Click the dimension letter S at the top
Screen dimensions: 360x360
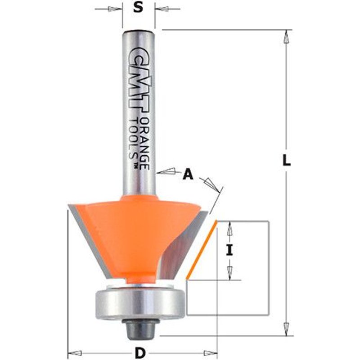(139, 8)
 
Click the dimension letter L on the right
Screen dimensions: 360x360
(286, 160)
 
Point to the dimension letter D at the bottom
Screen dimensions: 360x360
(140, 352)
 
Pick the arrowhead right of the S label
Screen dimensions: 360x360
(161, 8)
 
